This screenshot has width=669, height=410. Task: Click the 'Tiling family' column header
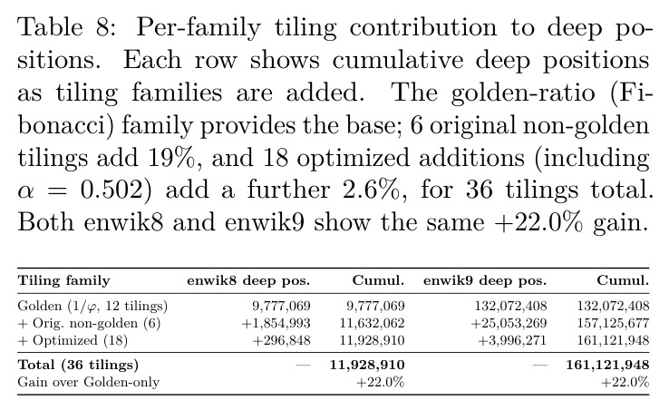[63, 281]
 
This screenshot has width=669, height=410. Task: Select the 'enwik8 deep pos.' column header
[248, 281]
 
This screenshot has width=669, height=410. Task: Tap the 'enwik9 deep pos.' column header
[485, 281]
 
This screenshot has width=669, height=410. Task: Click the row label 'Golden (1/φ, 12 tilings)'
[92, 307]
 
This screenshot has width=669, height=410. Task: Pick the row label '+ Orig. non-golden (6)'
[89, 323]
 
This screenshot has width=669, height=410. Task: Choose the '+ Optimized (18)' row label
[73, 340]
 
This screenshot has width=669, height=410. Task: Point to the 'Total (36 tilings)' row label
[78, 366]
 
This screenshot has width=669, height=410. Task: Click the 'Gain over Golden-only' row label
[88, 382]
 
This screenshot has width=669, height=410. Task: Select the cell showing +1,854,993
[276, 323]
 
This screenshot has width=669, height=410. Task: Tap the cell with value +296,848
[281, 340]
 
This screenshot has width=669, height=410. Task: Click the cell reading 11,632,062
[372, 323]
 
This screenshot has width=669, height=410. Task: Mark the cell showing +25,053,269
[509, 323]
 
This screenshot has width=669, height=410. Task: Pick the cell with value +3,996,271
[512, 340]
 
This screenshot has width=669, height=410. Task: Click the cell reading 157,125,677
[613, 323]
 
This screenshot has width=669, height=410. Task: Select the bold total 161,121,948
[607, 366]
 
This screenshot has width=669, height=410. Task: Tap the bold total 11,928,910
[367, 366]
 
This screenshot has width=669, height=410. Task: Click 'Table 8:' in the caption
[66, 27]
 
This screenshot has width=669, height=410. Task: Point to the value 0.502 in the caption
[115, 190]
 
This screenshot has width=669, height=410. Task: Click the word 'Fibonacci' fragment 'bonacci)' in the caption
[66, 125]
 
